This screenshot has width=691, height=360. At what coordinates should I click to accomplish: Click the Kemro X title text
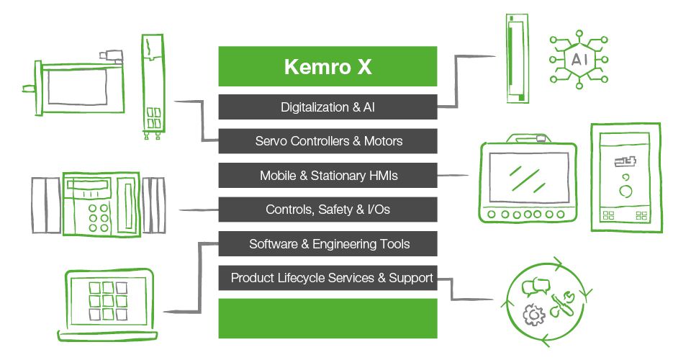[x=328, y=67]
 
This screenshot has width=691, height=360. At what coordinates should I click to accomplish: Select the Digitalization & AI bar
[x=328, y=107]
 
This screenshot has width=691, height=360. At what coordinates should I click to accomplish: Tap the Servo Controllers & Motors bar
[x=328, y=141]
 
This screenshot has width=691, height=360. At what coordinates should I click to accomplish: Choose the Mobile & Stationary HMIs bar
[x=328, y=175]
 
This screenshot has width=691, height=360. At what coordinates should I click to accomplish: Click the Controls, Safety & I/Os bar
[x=328, y=210]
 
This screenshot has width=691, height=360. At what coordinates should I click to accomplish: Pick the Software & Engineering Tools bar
[x=328, y=243]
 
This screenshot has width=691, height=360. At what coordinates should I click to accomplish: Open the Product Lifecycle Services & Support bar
[x=328, y=278]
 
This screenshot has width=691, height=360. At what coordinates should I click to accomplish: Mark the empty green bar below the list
[x=328, y=318]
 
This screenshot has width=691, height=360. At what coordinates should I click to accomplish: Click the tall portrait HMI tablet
[x=625, y=177]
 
